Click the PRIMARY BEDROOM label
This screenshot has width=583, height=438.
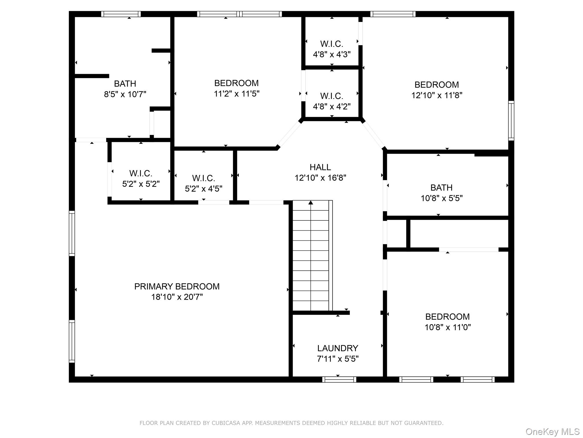click(177, 286)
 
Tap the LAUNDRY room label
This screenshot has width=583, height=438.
click(338, 348)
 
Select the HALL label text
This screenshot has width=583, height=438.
click(320, 167)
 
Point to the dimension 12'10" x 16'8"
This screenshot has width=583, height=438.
click(320, 178)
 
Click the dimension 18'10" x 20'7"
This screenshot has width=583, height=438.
click(177, 297)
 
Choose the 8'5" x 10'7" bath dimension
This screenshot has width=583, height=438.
click(125, 94)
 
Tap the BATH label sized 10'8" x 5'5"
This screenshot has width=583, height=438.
click(441, 188)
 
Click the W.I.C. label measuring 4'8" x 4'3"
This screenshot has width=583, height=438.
click(332, 44)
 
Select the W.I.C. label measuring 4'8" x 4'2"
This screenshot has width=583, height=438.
click(332, 96)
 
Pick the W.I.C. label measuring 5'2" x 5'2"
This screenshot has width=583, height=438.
click(141, 173)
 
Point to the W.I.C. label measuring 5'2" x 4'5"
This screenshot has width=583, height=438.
click(204, 178)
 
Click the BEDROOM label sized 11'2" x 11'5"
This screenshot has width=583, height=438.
click(236, 83)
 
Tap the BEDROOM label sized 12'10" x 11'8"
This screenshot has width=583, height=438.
click(436, 85)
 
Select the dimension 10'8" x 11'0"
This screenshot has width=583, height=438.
click(447, 327)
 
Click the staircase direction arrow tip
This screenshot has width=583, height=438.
click(311, 201)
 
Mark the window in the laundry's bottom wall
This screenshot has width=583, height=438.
click(339, 380)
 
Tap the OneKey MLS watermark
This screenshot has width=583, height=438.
click(552, 432)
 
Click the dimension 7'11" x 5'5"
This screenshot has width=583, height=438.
click(338, 359)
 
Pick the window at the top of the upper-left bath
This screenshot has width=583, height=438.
click(121, 14)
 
